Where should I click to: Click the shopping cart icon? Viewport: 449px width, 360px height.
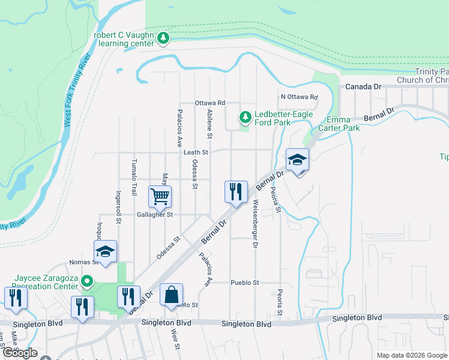tap(160, 196)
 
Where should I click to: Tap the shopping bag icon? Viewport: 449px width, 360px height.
tap(172, 295)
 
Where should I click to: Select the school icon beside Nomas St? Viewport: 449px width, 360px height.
tap(105, 251)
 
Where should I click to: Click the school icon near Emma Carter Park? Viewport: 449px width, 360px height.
tap(297, 160)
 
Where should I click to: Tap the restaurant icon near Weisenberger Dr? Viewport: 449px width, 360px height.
tap(236, 192)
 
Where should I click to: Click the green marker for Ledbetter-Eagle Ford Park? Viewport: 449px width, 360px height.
tap(244, 116)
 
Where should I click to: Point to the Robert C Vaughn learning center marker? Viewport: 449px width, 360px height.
tap(163, 39)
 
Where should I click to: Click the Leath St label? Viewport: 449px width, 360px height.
tap(196, 153)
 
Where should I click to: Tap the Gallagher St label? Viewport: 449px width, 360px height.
tap(155, 214)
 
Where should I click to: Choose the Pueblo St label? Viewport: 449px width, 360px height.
tap(244, 283)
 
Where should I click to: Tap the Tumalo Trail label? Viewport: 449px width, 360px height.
tap(134, 178)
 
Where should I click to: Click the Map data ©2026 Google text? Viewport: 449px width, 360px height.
tap(411, 355)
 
